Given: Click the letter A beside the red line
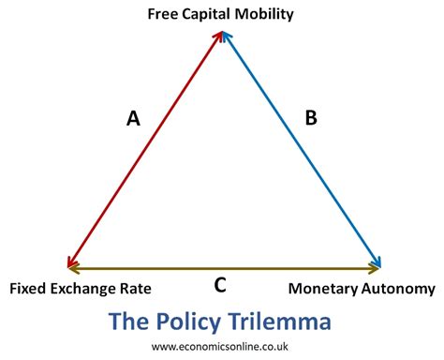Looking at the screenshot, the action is tap(133, 118).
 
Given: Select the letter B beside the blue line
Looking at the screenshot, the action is tap(312, 118).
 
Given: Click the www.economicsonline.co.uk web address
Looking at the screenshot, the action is tap(221, 347).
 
